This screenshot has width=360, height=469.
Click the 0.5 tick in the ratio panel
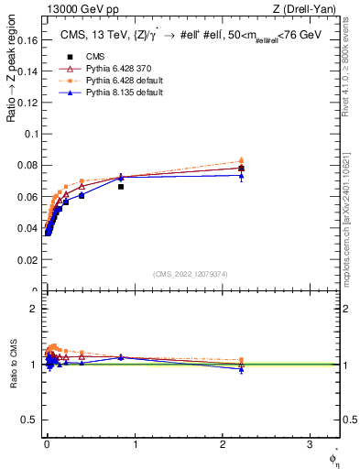click(x=29, y=420)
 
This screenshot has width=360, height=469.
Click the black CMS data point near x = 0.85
click(x=121, y=186)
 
